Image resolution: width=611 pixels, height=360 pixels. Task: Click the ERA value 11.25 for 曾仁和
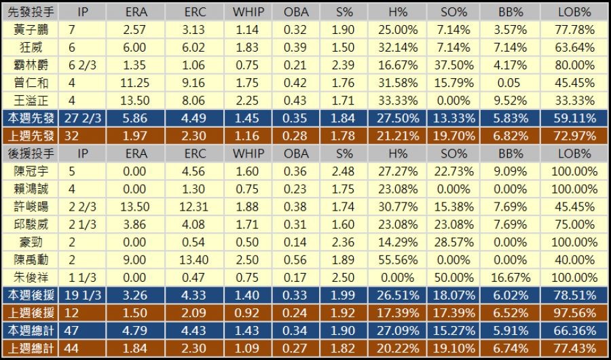tap(136, 82)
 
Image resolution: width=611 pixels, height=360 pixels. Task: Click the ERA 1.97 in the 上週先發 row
tap(136, 135)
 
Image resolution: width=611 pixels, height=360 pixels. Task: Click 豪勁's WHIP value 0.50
tap(248, 242)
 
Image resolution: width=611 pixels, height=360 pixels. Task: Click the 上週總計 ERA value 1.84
tap(136, 348)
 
